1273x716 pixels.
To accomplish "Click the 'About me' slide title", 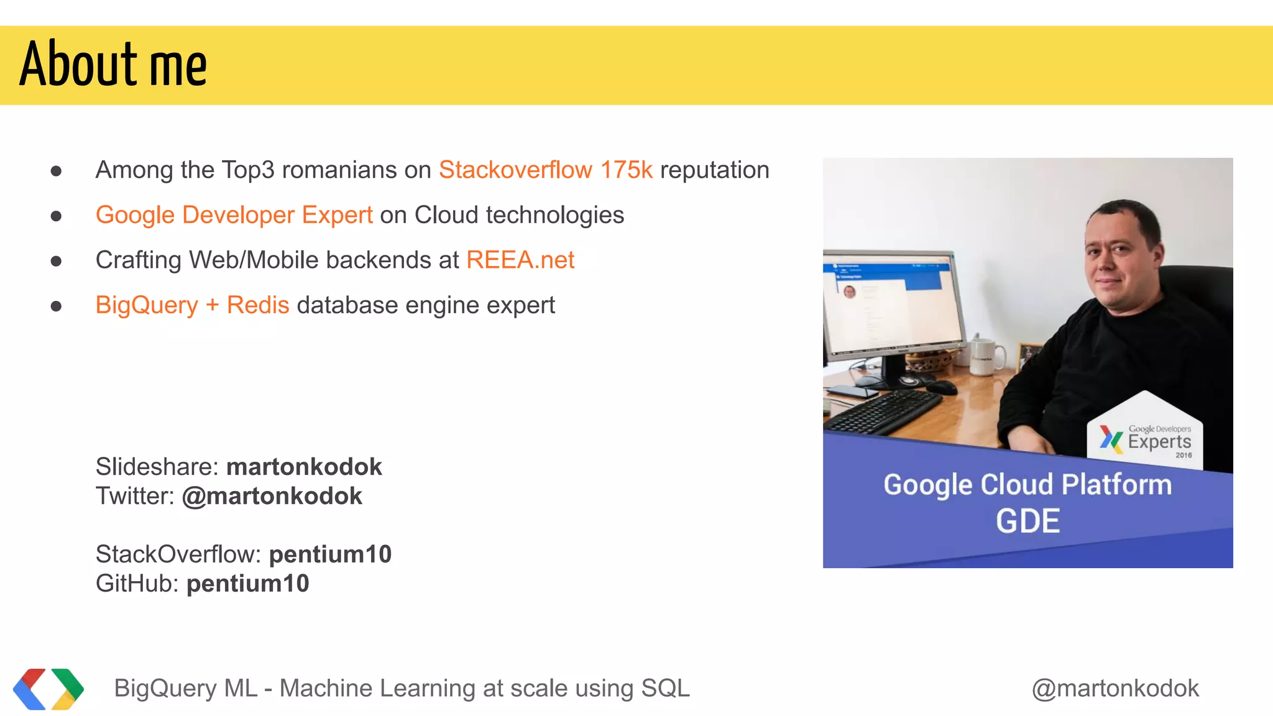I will [x=113, y=64].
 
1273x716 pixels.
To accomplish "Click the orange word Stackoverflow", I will [x=515, y=170].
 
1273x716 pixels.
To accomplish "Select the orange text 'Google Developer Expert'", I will [x=234, y=215].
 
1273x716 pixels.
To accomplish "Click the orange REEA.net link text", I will [x=520, y=260].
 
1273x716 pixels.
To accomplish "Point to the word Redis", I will [x=258, y=305].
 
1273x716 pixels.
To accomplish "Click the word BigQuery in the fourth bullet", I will [x=147, y=305].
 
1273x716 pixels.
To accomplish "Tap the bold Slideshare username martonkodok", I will [x=304, y=467].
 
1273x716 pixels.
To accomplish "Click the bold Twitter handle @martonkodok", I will [x=272, y=496].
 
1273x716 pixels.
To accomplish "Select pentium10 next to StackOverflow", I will [x=330, y=554].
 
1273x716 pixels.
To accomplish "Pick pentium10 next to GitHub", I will [x=247, y=584].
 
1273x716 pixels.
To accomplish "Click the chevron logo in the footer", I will [x=48, y=689].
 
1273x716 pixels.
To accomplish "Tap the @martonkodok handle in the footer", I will [x=1115, y=689].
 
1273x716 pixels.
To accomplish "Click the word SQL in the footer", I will [x=665, y=689].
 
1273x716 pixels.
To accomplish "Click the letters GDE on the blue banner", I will [x=1027, y=521].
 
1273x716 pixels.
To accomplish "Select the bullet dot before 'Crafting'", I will [x=56, y=261].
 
